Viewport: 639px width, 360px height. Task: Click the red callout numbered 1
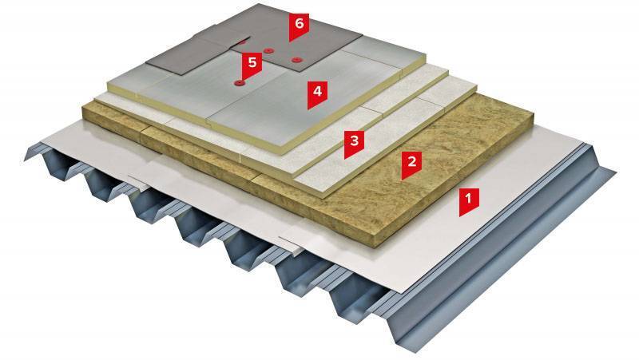pos(468,201)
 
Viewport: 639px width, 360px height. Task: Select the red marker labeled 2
pos(411,164)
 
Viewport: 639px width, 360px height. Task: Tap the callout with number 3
pos(354,143)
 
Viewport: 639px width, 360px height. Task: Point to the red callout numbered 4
pos(317,93)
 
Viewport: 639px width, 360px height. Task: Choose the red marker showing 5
pos(252,65)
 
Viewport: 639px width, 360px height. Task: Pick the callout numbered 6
pos(299,26)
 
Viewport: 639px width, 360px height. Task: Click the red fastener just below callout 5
pos(239,84)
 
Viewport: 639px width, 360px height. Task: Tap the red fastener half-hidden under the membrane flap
pos(242,42)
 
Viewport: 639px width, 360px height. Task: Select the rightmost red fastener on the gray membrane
pos(296,60)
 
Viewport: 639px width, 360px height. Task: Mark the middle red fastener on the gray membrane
pos(268,50)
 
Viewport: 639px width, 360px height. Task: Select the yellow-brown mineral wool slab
pos(428,163)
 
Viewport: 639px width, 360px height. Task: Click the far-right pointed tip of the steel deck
pos(614,172)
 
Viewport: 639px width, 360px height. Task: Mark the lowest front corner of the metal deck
pos(415,351)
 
